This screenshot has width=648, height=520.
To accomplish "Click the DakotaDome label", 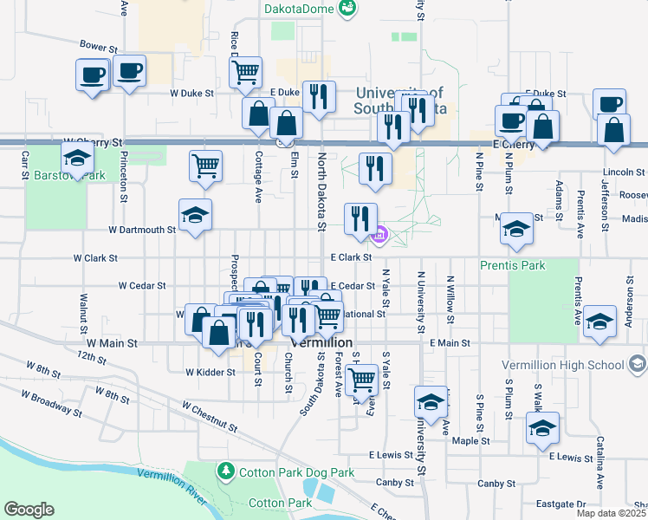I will pyautogui.click(x=301, y=9).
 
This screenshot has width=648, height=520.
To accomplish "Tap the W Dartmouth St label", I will pyautogui.click(x=142, y=231).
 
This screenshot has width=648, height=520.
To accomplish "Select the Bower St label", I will pyautogui.click(x=98, y=46).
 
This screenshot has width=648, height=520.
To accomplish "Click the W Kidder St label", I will pyautogui.click(x=211, y=372).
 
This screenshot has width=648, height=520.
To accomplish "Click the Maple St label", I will pyautogui.click(x=471, y=440).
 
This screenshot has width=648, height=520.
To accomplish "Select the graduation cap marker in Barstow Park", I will pyautogui.click(x=77, y=159).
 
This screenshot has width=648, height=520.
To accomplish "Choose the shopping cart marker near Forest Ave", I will pyautogui.click(x=361, y=378).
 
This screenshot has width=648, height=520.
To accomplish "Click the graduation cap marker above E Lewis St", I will pyautogui.click(x=542, y=427).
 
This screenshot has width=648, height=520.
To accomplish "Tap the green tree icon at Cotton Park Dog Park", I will pyautogui.click(x=225, y=471).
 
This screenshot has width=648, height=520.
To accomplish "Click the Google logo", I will pyautogui.click(x=29, y=510).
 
